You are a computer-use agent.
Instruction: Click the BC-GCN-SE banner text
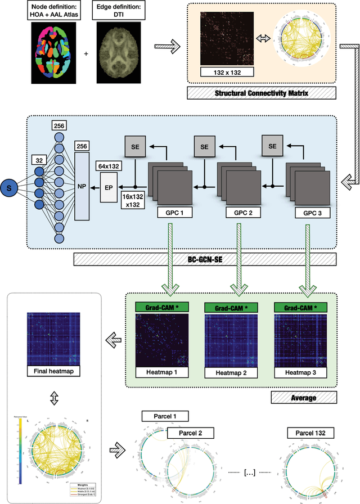point(205,260)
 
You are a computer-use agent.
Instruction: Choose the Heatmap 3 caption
point(298,373)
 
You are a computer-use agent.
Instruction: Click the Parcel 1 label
point(165,417)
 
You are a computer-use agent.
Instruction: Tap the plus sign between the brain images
point(86,54)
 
